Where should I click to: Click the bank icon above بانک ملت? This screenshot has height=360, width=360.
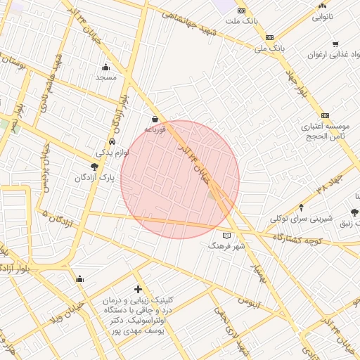(x=242, y=11)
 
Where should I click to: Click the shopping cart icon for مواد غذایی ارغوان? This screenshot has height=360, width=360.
(x=335, y=44)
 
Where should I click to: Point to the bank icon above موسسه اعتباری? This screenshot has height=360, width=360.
(x=325, y=115)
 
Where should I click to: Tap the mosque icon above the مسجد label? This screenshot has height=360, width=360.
(x=106, y=67)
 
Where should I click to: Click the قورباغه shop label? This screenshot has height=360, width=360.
(x=155, y=129)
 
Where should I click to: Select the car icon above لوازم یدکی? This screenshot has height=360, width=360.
(x=112, y=141)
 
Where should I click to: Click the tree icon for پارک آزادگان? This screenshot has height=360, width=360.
(x=94, y=167)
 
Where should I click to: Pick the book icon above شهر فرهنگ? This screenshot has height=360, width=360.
(x=226, y=236)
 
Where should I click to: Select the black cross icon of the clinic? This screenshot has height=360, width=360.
(x=138, y=289)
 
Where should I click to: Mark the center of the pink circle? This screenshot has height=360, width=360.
(x=180, y=179)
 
